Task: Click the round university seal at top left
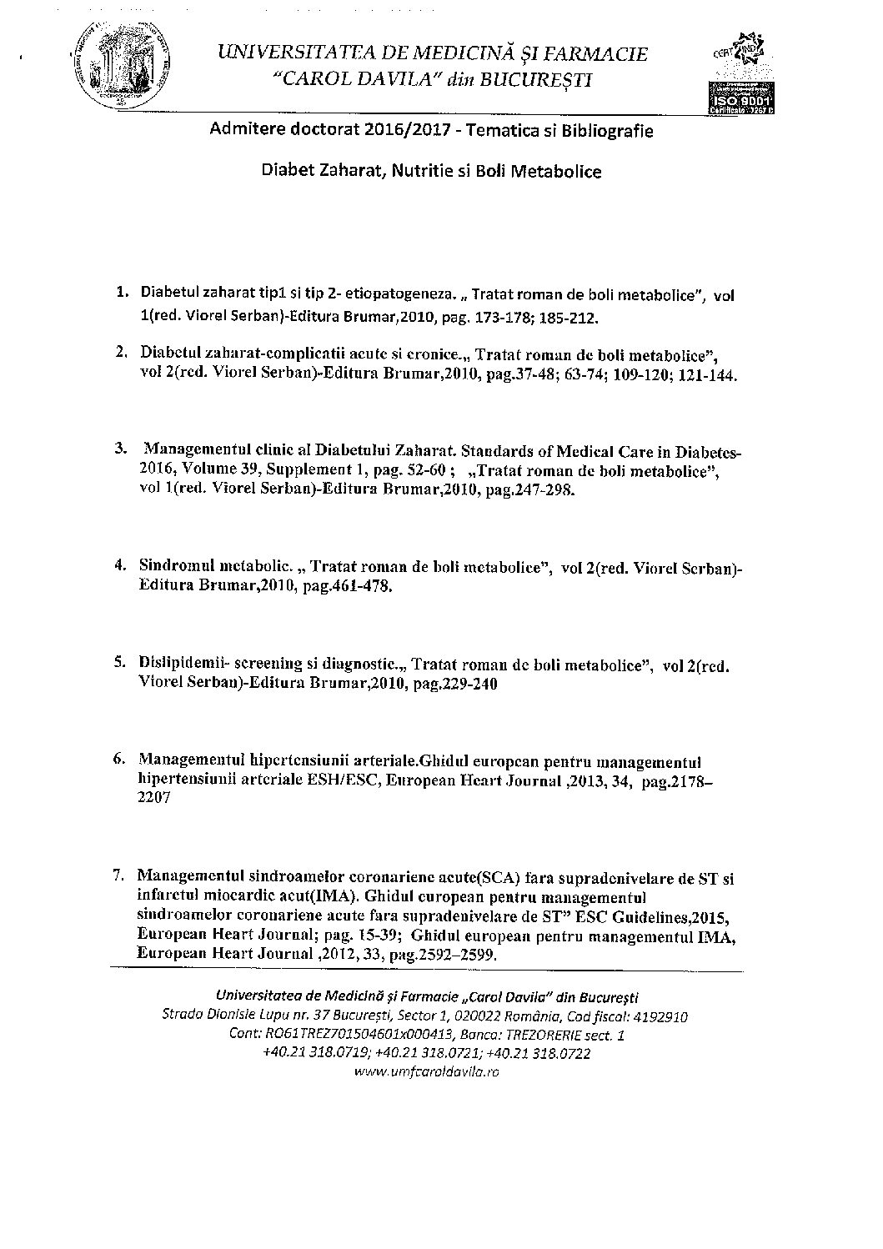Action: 120,63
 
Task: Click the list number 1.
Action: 122,293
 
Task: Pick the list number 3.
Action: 122,448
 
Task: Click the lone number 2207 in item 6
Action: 155,798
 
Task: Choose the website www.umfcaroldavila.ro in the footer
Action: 426,1072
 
